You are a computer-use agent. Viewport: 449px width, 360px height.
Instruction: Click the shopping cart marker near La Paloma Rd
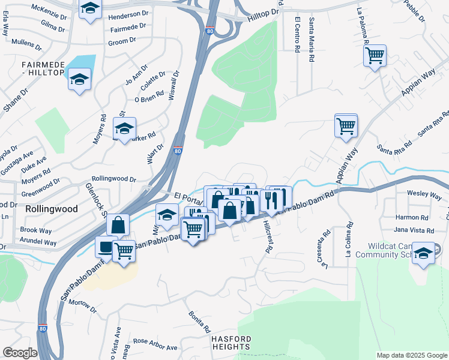(x=375, y=56)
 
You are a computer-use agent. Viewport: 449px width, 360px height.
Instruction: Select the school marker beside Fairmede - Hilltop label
(x=79, y=80)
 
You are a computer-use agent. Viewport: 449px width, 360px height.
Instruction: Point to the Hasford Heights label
(x=231, y=343)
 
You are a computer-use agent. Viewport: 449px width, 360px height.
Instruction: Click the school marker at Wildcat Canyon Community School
(x=423, y=253)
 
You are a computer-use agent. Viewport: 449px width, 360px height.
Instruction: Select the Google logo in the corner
(x=20, y=353)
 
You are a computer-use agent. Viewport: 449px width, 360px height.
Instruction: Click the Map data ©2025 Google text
(x=412, y=355)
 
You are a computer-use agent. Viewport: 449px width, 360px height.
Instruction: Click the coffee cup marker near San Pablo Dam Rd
(x=106, y=247)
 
